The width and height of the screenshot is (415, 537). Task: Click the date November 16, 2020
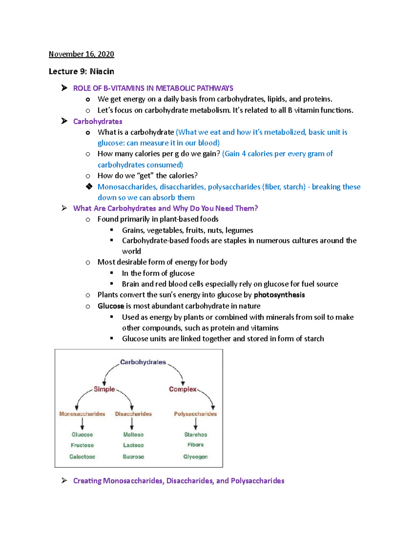point(81,54)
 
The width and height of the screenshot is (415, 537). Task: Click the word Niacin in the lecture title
point(102,72)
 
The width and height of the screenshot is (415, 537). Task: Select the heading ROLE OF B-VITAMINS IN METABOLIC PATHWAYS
point(153,88)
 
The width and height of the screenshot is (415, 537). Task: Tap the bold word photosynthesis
point(279,295)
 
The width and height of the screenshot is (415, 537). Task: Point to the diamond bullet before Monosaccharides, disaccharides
point(89,187)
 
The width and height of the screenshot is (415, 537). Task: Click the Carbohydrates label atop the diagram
point(143,362)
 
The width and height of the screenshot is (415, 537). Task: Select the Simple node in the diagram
point(104,389)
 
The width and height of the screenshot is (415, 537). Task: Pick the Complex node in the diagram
point(183,389)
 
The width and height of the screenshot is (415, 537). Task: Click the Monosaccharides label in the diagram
point(82,414)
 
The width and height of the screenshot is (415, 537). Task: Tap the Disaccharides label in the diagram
point(133,414)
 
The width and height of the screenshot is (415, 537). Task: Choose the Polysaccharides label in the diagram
point(195,414)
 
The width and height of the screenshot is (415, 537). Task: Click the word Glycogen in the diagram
point(195,457)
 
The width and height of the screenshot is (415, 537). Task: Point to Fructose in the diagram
point(82,445)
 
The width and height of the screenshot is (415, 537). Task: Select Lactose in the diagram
point(133,445)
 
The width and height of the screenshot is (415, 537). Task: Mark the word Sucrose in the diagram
point(133,457)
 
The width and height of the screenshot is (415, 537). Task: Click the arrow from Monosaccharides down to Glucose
point(82,424)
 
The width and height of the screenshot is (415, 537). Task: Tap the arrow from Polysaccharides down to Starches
point(196,424)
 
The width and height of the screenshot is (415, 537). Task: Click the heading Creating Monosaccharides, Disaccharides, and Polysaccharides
point(178,481)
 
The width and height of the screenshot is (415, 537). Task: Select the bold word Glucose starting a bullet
point(111,306)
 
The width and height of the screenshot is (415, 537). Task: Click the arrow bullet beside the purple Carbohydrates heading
point(64,121)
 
